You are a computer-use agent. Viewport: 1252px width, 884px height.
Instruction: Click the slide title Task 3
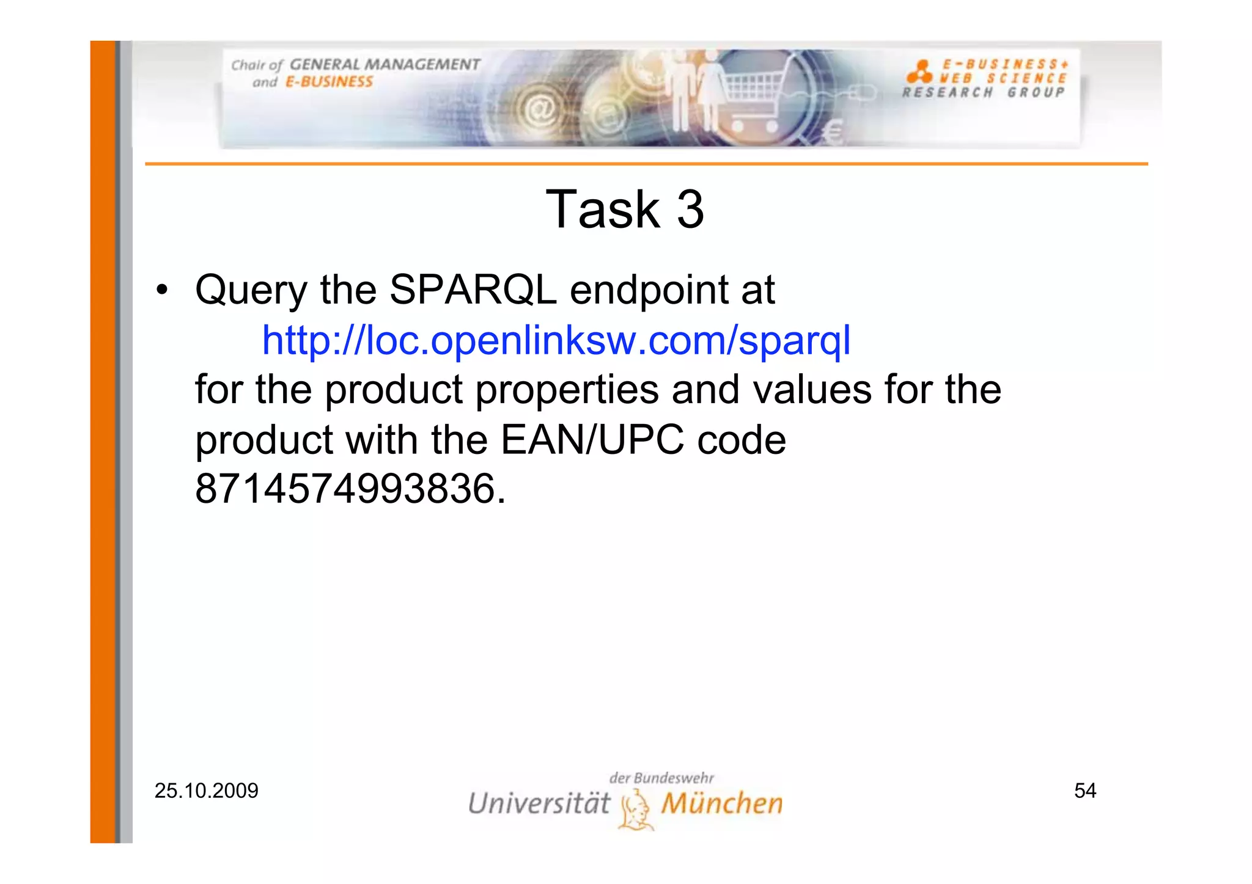(625, 210)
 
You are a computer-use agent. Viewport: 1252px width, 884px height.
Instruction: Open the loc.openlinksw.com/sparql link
(556, 340)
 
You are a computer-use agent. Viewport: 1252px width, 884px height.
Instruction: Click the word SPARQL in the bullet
(473, 290)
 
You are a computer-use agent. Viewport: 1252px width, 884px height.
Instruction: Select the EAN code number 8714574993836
(345, 489)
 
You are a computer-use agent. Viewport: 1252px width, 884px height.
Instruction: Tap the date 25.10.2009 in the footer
(206, 791)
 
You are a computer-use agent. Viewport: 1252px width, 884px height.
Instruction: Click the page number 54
(1085, 791)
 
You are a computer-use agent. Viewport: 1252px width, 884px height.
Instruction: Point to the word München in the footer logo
(722, 803)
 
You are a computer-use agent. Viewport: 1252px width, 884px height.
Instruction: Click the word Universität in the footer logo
(539, 803)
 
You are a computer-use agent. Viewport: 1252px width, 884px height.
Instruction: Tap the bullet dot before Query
(161, 290)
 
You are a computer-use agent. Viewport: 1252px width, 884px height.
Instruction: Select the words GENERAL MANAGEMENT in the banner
(385, 65)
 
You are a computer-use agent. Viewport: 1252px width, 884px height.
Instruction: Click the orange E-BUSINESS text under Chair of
(329, 82)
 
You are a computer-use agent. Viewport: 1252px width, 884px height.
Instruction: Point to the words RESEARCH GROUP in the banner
(983, 93)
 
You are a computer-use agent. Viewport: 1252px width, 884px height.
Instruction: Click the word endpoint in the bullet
(649, 290)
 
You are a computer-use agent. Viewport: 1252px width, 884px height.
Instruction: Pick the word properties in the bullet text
(567, 390)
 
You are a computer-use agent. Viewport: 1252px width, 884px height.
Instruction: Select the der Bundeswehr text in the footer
(661, 778)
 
